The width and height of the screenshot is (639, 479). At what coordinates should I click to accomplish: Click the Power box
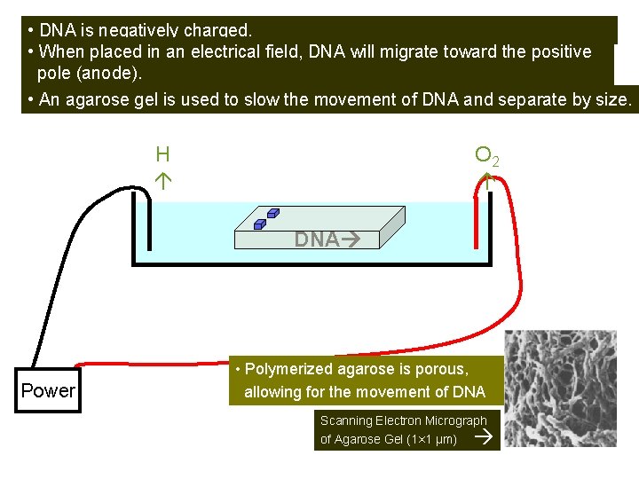[x=48, y=391]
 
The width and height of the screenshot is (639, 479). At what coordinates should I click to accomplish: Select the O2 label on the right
[x=486, y=157]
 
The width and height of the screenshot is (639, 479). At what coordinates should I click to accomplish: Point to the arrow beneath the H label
[x=162, y=180]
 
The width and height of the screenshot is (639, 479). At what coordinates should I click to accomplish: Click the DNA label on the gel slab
[x=316, y=239]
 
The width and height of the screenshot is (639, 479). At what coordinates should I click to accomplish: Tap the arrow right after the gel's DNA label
[x=347, y=239]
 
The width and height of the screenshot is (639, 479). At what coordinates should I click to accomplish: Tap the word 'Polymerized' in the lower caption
[x=288, y=369]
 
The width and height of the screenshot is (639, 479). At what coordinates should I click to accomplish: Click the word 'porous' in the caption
[x=436, y=369]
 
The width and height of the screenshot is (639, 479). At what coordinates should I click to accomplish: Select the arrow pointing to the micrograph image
[x=483, y=438]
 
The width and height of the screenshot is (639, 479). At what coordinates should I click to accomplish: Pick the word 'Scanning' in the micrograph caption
[x=346, y=421]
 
